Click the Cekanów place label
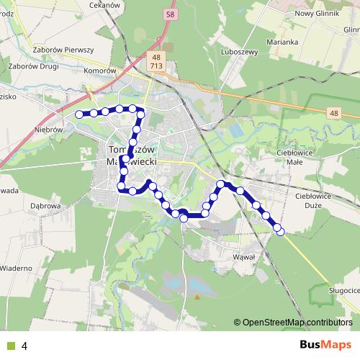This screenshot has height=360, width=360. [x=103, y=4]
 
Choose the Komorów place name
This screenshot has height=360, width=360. [x=99, y=71]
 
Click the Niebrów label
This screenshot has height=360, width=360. [x=49, y=130]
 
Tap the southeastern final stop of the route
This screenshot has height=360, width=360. [x=280, y=230]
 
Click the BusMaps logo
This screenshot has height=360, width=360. [x=325, y=345]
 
